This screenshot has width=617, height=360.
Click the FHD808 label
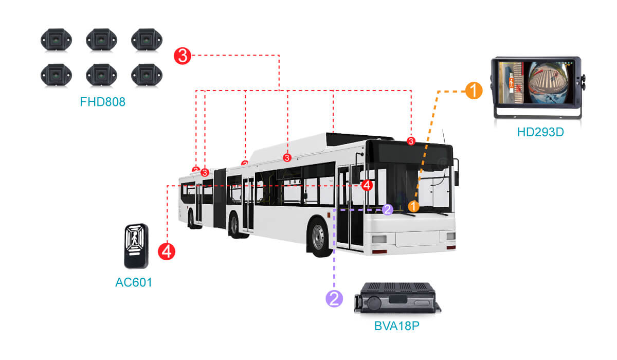(102, 102)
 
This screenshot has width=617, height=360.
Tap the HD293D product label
(540, 132)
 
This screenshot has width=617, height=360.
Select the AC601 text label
(134, 282)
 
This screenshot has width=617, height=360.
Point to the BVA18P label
(396, 326)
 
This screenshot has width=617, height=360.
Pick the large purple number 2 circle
(334, 298)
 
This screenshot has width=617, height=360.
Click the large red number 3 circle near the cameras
(183, 55)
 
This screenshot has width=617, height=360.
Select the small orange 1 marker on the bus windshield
(413, 206)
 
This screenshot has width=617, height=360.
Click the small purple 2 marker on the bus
(388, 209)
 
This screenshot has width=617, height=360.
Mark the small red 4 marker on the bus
(367, 185)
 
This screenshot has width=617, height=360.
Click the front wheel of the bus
(318, 238)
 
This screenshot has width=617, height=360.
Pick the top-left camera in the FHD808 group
(56, 39)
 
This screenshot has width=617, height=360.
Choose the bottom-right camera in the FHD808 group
(147, 75)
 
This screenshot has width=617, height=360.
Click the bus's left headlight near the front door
(379, 239)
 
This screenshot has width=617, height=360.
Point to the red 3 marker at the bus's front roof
(411, 141)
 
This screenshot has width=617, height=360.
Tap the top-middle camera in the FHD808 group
(101, 39)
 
